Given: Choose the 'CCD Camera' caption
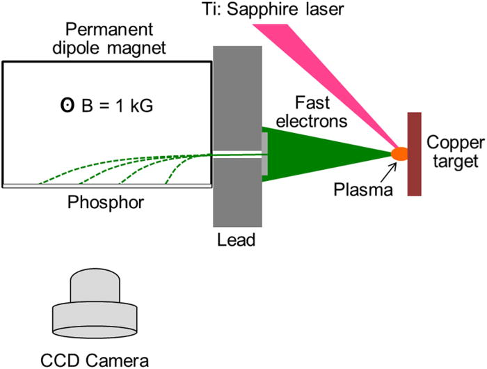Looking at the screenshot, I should pos(94,360).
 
